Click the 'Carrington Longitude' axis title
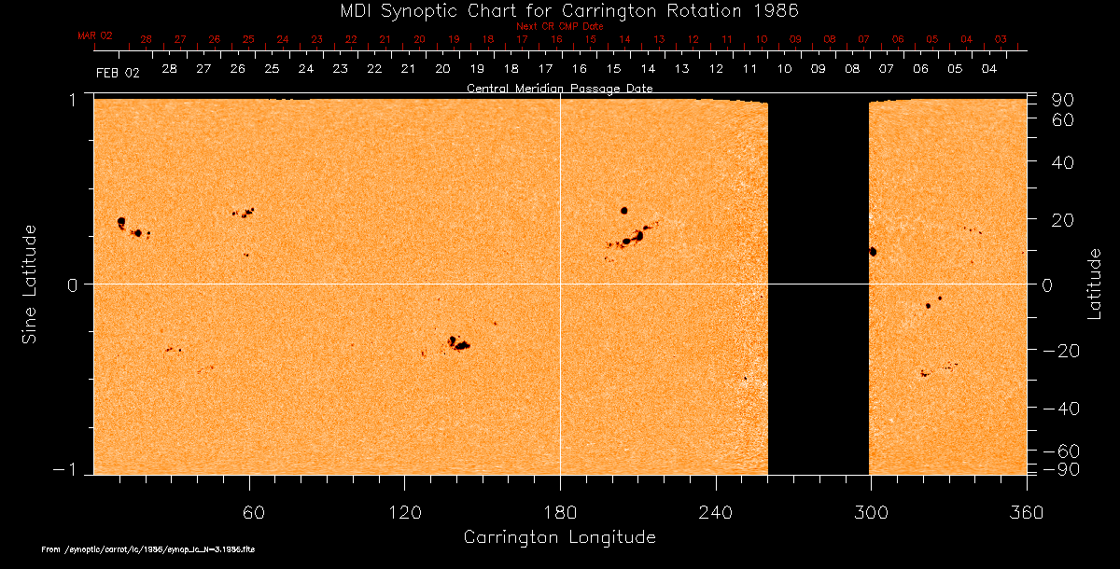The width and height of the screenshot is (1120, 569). point(559,537)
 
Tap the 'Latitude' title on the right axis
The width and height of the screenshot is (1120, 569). point(1095,284)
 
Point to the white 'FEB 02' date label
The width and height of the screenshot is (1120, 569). point(117,73)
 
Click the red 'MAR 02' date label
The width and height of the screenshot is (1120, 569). point(95,35)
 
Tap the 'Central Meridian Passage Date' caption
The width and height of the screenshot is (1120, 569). point(559,88)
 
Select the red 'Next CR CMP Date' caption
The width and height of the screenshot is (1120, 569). point(559,26)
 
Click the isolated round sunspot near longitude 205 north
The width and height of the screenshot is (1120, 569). point(623,210)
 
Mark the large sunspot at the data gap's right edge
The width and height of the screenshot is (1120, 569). point(874,251)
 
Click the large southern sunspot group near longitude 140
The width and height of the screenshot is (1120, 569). point(458,343)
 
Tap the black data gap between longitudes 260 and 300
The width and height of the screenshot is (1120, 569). point(819,284)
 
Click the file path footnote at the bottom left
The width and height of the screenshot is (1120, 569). point(148,550)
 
